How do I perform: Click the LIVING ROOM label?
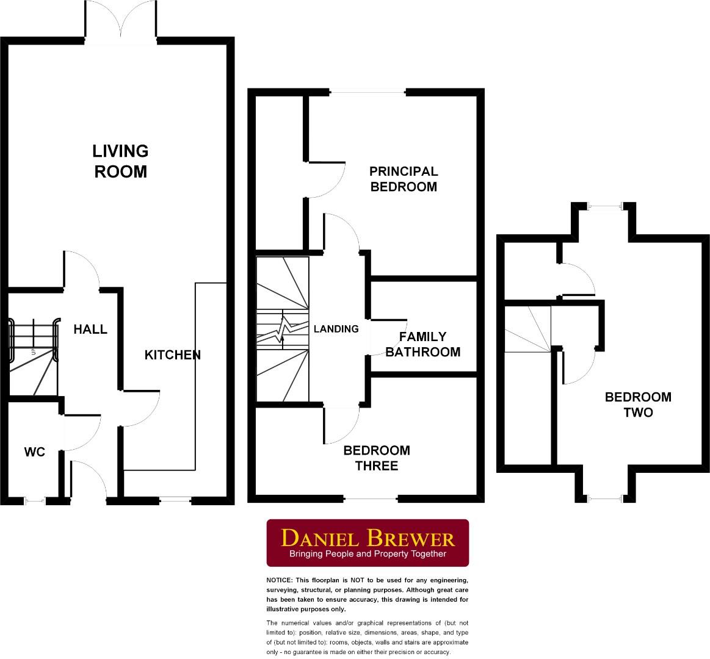click(121, 161)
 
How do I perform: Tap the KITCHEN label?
click(173, 355)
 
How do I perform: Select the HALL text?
click(90, 329)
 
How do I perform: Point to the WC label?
click(35, 452)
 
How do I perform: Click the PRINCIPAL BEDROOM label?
click(404, 179)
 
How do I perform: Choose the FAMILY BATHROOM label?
click(422, 344)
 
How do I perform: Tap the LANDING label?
click(336, 329)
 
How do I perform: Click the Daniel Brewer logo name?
click(368, 538)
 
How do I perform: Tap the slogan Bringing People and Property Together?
click(368, 554)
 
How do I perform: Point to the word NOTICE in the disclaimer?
click(279, 580)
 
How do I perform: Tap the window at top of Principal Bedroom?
click(368, 93)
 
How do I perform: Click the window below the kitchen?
click(175, 500)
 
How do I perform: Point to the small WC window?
click(35, 502)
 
